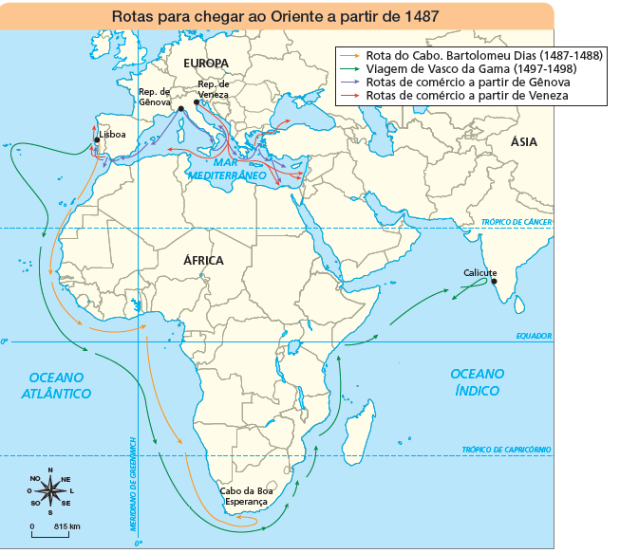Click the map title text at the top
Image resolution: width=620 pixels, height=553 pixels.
click(x=274, y=16)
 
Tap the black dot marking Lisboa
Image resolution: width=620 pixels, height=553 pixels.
click(x=97, y=141)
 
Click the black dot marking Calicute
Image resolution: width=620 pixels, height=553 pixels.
click(x=494, y=280)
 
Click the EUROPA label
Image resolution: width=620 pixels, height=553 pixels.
click(x=205, y=64)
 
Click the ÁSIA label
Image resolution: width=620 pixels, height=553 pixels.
click(x=524, y=142)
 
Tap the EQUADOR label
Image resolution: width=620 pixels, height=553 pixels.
click(x=534, y=336)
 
